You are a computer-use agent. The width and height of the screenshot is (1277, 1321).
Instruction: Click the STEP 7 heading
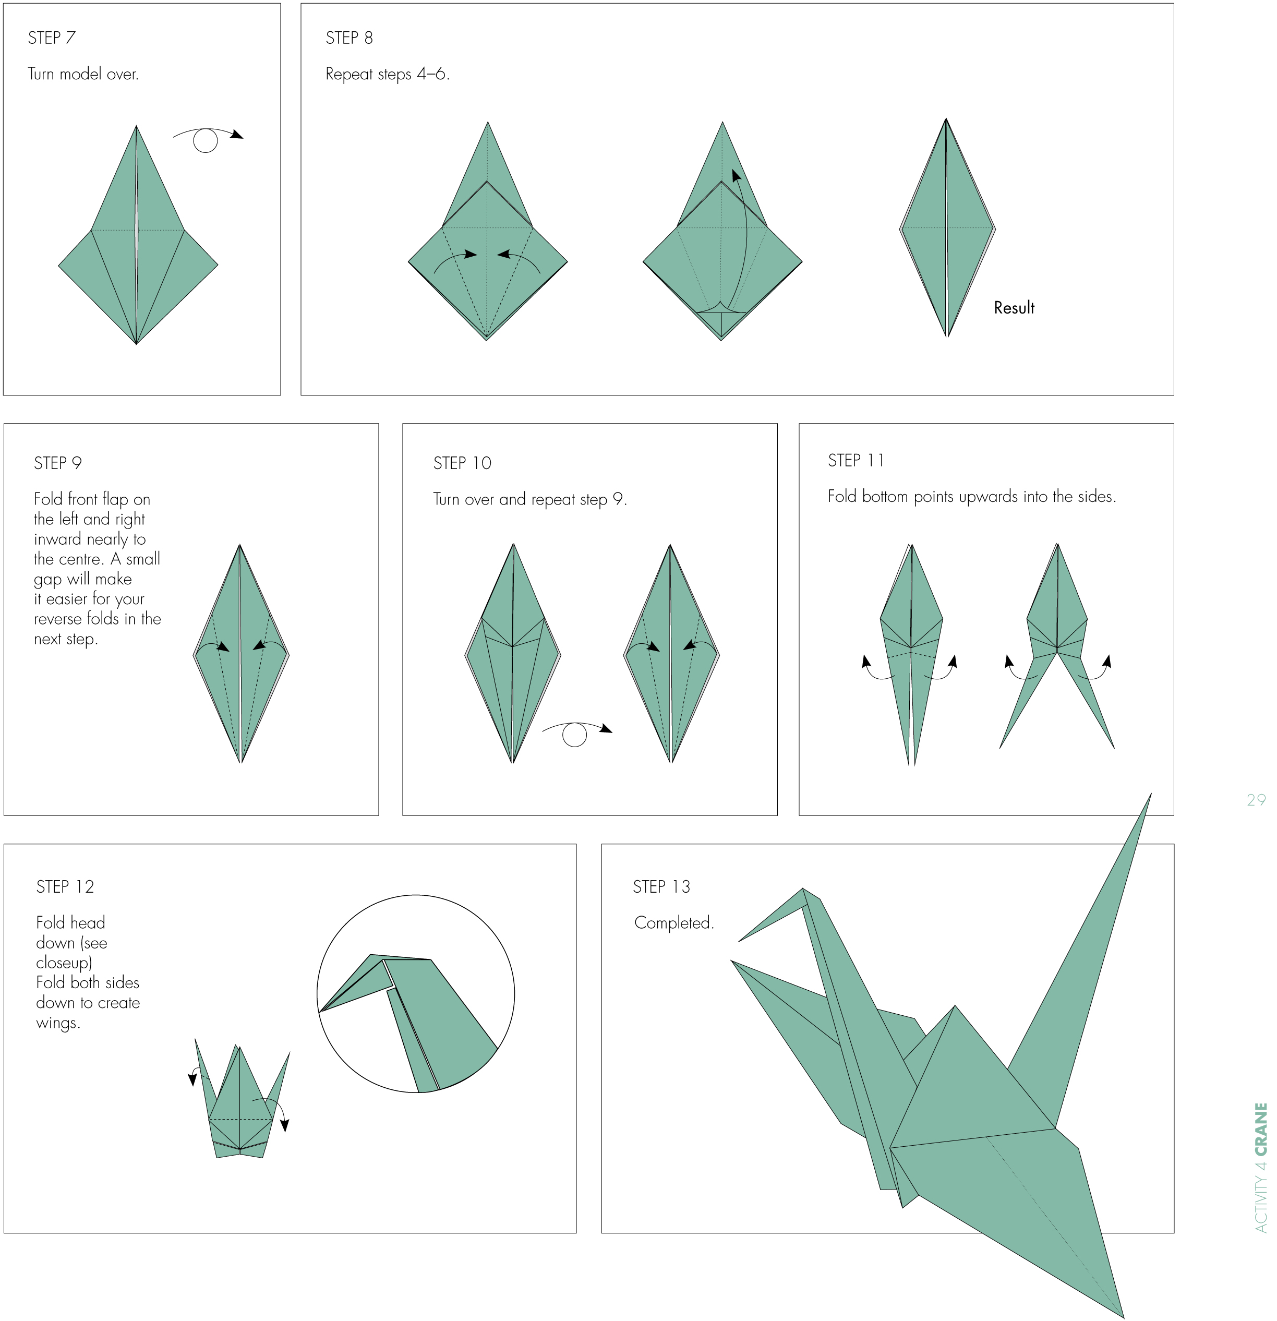[x=51, y=38]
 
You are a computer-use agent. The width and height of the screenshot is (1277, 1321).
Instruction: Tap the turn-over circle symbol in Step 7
[x=206, y=141]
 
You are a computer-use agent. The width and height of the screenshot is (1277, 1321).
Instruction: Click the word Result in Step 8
[x=1014, y=308]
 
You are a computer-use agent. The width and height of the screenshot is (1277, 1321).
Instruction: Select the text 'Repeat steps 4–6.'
[x=387, y=74]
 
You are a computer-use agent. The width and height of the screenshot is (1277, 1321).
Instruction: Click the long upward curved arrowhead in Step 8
[x=736, y=176]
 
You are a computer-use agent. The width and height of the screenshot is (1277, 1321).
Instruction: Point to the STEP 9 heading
[x=57, y=463]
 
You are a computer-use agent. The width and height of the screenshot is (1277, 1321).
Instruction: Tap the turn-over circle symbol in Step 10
[x=574, y=735]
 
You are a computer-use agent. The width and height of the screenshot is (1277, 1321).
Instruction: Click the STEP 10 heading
[x=462, y=463]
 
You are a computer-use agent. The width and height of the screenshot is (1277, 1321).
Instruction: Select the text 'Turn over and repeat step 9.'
[x=529, y=499]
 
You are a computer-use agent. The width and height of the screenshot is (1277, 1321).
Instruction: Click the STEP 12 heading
[x=65, y=887]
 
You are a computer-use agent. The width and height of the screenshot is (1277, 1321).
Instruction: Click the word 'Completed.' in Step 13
[x=673, y=923]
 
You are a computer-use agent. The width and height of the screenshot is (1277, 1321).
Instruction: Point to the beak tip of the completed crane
[x=740, y=941]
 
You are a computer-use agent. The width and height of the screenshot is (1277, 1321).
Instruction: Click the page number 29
[x=1256, y=800]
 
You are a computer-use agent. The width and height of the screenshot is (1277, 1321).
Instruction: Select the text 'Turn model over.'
[x=83, y=74]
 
